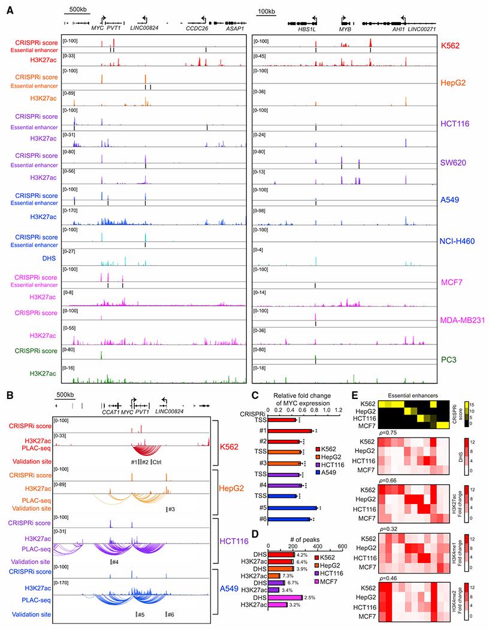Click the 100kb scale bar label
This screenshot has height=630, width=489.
click(x=268, y=11)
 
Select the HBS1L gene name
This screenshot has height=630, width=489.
click(x=308, y=28)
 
